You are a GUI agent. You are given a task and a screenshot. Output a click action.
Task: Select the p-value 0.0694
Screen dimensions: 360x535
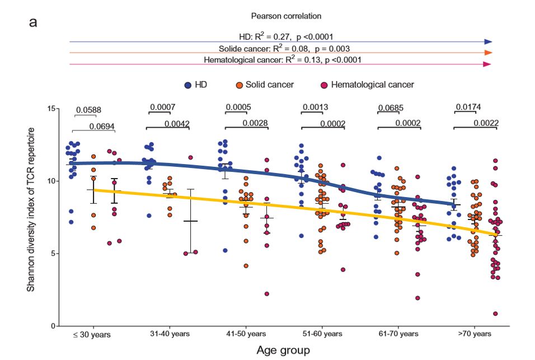pyautogui.click(x=102, y=127)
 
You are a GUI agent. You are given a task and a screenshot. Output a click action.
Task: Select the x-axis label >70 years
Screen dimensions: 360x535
pyautogui.click(x=475, y=334)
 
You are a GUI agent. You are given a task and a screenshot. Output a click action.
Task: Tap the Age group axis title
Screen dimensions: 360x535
pyautogui.click(x=283, y=350)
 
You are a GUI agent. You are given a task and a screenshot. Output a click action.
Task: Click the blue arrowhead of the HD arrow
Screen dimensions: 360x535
pyautogui.click(x=488, y=42)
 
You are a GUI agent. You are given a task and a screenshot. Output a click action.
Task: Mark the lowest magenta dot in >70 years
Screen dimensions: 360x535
pyautogui.click(x=495, y=314)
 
